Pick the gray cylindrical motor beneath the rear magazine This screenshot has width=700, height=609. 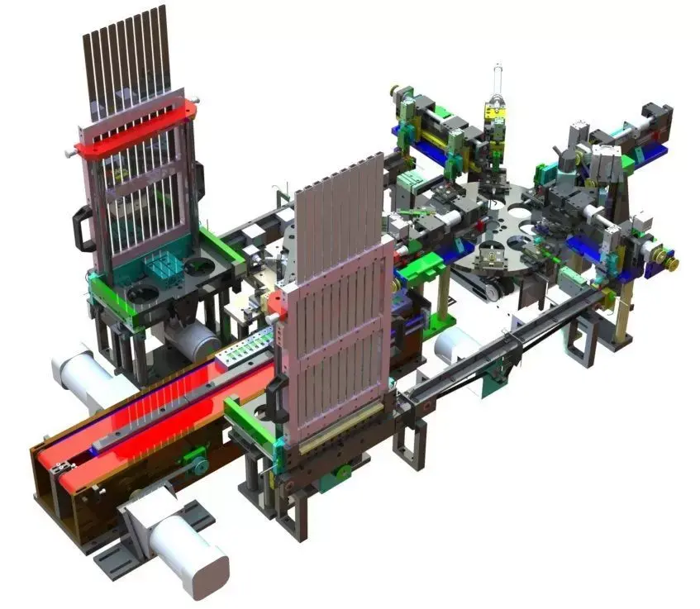(x=191, y=339)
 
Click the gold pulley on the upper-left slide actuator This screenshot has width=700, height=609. (x=396, y=90)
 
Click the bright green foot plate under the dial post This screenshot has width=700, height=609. (x=443, y=321)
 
